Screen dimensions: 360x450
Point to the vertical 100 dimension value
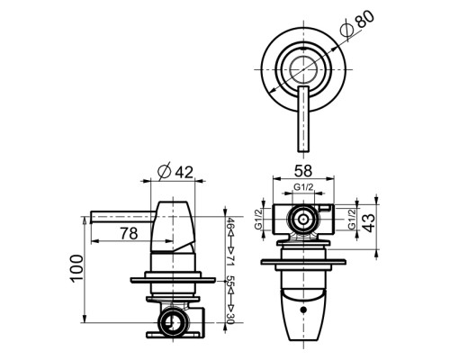76,267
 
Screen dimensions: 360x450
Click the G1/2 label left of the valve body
259,219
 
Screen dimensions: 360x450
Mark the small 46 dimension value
230,224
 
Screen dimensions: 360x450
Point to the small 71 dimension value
230,258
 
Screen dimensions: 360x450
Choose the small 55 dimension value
230,283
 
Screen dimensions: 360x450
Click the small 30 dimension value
230,317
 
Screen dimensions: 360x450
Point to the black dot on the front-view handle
303,308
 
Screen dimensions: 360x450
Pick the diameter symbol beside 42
165,171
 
